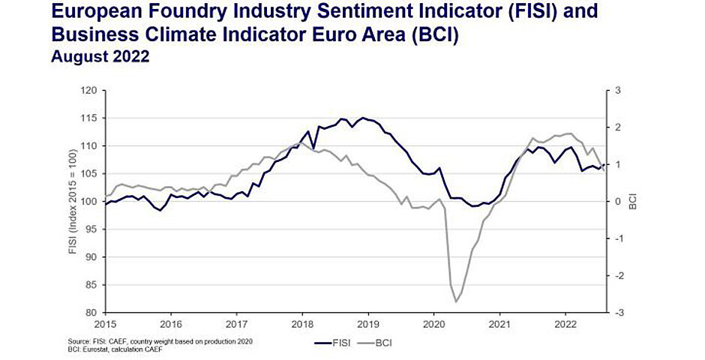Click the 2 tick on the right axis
[618, 127]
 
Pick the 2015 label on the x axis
[106, 325]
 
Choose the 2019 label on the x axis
[367, 325]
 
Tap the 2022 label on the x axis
[564, 325]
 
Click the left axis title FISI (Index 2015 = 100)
[73, 201]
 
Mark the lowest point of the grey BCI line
[456, 301]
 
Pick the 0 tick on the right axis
[618, 201]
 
